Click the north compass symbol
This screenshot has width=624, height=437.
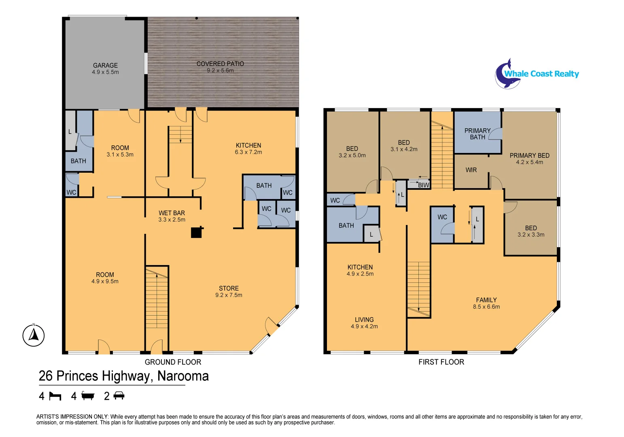pos(34,335)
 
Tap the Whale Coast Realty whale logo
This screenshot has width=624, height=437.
pos(507,74)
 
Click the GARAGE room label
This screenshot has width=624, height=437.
pos(105,66)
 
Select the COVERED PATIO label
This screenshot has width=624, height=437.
pos(220,64)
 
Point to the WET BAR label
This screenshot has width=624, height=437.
pos(172,213)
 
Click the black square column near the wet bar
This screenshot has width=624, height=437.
pos(196,233)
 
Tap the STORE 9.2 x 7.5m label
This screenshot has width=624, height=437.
pos(229,292)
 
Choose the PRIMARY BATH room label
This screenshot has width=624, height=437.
pos(477,134)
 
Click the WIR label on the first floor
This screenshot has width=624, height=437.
pos(471,170)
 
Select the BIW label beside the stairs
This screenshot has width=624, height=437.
pos(423,185)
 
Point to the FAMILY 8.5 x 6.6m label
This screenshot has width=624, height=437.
pos(486,303)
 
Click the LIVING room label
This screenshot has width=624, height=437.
pos(364,320)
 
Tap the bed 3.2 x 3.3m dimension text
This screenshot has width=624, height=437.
pos(531,235)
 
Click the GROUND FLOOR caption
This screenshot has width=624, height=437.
pos(173,362)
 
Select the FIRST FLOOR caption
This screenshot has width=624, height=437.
pos(441,362)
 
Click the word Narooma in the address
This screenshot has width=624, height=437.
pos(183,376)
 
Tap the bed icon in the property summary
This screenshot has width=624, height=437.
pos(55,396)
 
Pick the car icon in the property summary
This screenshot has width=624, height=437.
pos(119,396)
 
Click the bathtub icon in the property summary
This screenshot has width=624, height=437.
pos(87,396)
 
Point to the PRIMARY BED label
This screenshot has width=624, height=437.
pos(529,156)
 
